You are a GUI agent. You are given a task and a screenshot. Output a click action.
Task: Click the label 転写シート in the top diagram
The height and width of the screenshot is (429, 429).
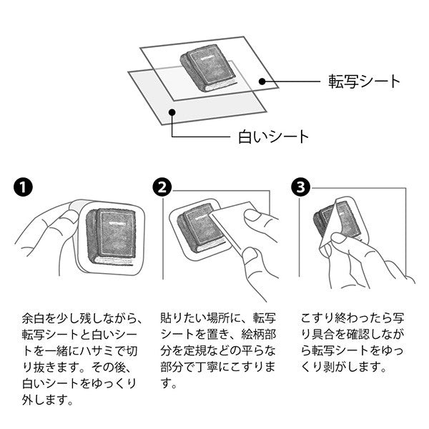364,82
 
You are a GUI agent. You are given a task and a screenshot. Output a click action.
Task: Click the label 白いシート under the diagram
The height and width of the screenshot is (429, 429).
273,137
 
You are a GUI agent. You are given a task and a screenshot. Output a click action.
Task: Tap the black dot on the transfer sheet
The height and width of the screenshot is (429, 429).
262,82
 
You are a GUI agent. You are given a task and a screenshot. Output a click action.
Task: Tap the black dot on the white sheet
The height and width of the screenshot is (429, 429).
172,112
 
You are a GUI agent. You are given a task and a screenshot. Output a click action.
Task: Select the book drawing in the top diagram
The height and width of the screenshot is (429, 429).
209,69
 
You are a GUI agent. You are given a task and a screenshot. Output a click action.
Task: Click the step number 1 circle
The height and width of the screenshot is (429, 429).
23,187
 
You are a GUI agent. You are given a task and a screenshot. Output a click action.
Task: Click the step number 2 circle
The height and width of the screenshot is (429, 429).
162,187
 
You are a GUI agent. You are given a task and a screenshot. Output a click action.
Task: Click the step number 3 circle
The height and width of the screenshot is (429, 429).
301,187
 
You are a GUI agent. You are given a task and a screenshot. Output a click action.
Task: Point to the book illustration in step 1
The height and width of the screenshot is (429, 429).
112,237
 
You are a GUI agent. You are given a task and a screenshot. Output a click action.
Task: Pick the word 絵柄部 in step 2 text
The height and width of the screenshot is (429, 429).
259,335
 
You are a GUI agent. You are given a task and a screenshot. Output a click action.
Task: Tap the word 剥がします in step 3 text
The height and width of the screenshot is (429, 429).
352,367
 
